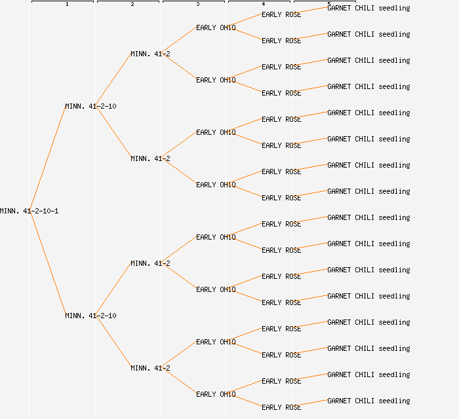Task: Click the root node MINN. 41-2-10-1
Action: tap(30, 211)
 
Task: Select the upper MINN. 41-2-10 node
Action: tap(90, 106)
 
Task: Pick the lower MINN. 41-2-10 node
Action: tap(90, 316)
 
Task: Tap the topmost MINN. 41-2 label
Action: tap(150, 54)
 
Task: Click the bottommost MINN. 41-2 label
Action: tap(150, 368)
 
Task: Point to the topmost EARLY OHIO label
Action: tap(216, 27)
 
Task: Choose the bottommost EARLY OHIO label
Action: tap(216, 394)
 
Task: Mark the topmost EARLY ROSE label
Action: tap(281, 14)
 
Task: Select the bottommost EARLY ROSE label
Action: tap(281, 407)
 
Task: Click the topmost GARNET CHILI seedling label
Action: tap(369, 8)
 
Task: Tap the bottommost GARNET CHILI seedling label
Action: tap(369, 401)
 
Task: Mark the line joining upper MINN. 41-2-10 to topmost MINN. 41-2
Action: tap(114, 80)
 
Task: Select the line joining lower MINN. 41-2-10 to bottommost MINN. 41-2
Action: tap(114, 342)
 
